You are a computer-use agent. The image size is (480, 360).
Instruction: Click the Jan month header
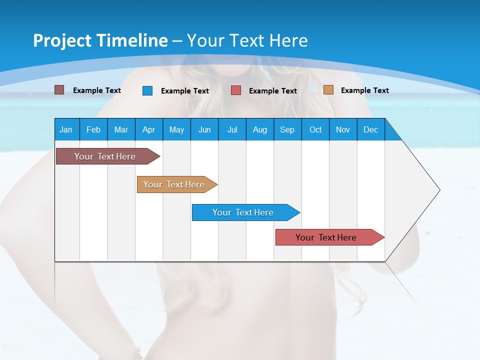(x=66, y=129)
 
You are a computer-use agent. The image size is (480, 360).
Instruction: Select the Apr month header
(x=148, y=129)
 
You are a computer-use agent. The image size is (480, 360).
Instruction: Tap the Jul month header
(x=232, y=129)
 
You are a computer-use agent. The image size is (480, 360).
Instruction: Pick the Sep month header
(x=287, y=129)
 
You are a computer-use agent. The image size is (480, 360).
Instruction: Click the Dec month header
(x=370, y=129)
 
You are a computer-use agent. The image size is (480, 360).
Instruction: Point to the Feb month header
(x=93, y=129)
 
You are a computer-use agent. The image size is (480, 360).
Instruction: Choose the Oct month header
(x=315, y=129)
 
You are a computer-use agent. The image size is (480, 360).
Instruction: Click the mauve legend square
(x=59, y=90)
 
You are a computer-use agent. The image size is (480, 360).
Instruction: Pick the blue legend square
(x=147, y=90)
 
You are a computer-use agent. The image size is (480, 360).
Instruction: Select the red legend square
(x=236, y=90)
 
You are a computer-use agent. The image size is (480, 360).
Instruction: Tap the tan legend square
(x=328, y=90)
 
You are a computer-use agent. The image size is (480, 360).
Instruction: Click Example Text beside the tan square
(x=364, y=90)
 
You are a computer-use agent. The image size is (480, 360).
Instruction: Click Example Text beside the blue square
(x=184, y=90)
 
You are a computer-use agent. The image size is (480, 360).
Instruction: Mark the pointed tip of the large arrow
(x=439, y=190)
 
